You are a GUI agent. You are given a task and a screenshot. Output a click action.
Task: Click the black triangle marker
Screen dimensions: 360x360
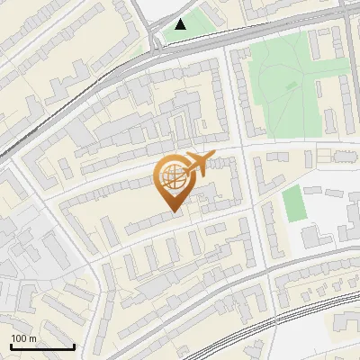pos(182,24)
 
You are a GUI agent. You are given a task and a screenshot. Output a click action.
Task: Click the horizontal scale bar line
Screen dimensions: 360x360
pos(42,346)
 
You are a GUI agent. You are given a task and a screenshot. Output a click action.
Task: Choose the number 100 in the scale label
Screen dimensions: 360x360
pos(20,338)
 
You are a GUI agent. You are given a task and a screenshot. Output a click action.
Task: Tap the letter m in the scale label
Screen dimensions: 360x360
pos(32,338)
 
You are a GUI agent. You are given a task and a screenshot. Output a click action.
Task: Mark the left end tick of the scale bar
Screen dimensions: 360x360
pos(11,345)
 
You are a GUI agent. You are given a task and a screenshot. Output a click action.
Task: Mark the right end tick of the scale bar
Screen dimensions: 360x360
pos(74,345)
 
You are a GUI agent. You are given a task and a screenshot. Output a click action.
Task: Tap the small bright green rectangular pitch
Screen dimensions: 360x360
pos(294,203)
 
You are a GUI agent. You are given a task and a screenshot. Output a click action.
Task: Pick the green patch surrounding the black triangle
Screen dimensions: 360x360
pos(193,27)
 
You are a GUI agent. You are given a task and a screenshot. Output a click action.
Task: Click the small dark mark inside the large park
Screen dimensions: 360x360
pos(291,84)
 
